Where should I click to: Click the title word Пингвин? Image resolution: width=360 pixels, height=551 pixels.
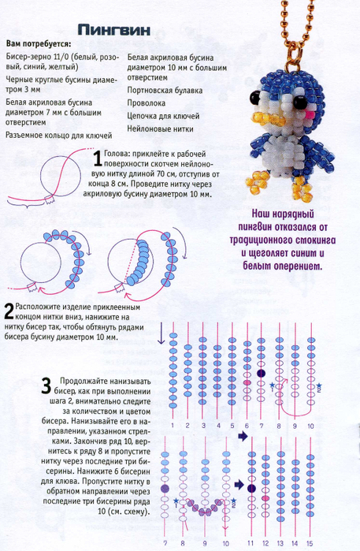(x=113, y=30)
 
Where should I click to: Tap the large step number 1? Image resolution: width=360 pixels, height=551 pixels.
(x=98, y=158)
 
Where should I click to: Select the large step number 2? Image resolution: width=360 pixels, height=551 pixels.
(x=9, y=311)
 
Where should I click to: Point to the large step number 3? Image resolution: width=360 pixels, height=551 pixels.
(x=46, y=385)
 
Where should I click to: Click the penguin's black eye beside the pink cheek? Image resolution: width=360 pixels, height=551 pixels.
(x=300, y=101)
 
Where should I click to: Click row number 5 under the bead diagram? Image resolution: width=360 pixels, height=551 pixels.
(x=232, y=426)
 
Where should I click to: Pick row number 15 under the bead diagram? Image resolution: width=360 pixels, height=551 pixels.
(x=310, y=544)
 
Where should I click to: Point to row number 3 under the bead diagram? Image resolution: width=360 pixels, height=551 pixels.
(x=203, y=426)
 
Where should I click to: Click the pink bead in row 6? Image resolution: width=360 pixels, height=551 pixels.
(x=247, y=382)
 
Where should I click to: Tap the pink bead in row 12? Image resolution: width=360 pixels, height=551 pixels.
(x=265, y=498)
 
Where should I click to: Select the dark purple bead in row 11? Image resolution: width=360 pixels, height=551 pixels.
(x=251, y=488)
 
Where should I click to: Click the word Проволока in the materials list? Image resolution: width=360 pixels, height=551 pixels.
(x=146, y=103)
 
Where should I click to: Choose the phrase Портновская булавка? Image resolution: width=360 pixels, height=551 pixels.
(x=165, y=91)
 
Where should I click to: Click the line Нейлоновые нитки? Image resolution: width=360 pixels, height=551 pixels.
(x=160, y=129)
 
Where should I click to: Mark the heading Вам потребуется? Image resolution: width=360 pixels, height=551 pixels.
(x=39, y=44)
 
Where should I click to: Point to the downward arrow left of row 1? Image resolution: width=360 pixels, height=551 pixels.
(x=161, y=333)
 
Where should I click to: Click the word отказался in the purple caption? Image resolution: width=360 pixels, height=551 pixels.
(x=299, y=227)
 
